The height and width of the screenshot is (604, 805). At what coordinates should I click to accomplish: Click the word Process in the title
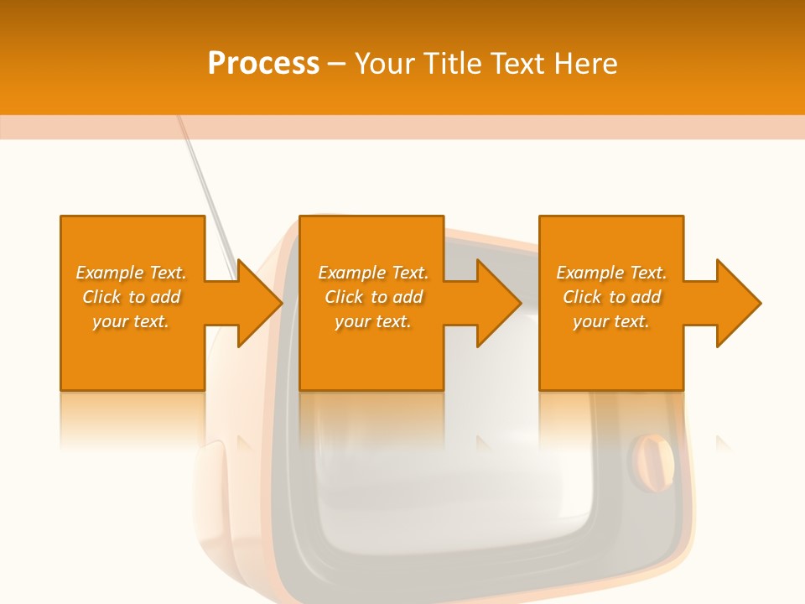tap(263, 64)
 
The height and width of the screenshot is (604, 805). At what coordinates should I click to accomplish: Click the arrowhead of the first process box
tap(259, 303)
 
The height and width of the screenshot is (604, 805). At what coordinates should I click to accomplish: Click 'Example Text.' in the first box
tap(132, 273)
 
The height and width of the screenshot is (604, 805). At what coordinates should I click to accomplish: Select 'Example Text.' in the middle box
tap(373, 273)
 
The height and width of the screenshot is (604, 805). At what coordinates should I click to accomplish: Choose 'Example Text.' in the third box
tap(611, 273)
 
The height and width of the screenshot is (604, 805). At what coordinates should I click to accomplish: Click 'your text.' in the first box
tap(131, 321)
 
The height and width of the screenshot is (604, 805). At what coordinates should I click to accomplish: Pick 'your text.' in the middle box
tap(372, 321)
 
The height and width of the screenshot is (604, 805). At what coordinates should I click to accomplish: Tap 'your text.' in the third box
tap(611, 321)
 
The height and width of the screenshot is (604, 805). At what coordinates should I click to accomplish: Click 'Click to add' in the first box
tap(132, 297)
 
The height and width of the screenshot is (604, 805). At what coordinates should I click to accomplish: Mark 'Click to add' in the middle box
tap(373, 297)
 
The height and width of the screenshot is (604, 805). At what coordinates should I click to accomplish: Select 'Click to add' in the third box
tap(611, 297)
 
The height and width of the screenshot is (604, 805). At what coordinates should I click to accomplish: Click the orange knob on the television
tap(653, 461)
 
